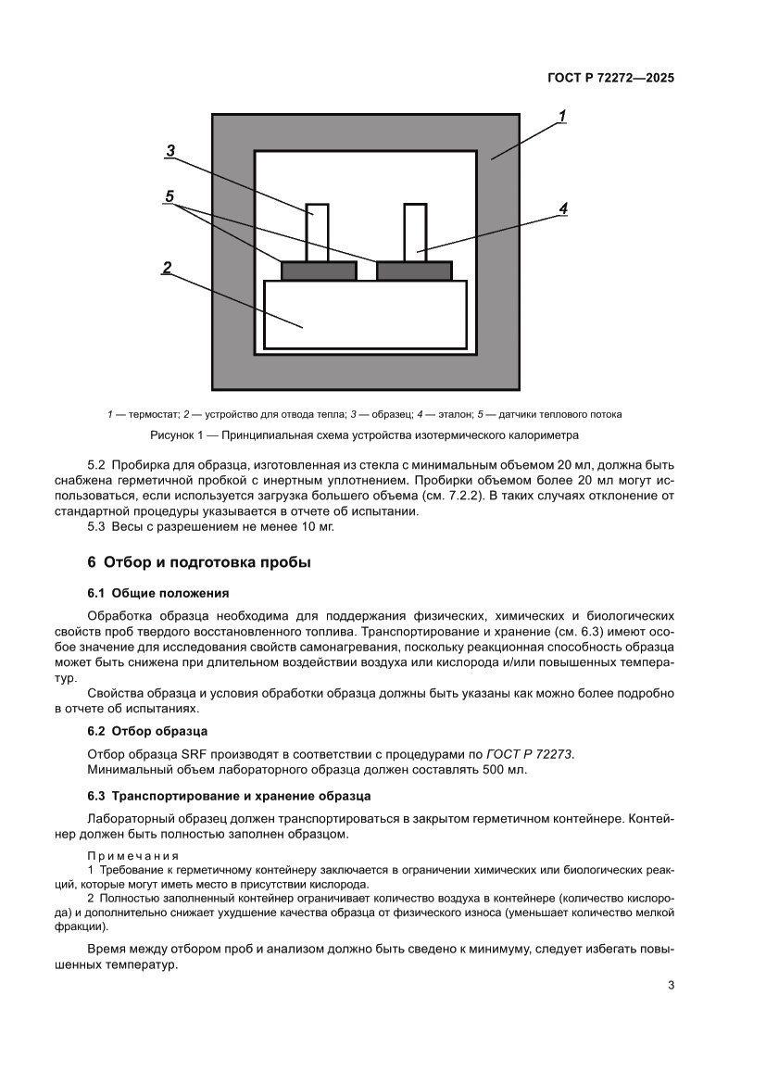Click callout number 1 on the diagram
(x=561, y=117)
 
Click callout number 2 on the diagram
(x=167, y=268)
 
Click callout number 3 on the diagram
(x=171, y=151)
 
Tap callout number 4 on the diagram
(x=562, y=209)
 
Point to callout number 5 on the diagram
(x=170, y=196)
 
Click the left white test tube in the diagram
(x=317, y=232)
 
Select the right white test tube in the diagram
(x=415, y=232)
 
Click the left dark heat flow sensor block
(x=318, y=271)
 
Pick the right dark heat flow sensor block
(x=414, y=271)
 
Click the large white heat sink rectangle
(x=365, y=315)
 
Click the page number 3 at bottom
(x=671, y=985)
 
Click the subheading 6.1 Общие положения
(x=157, y=593)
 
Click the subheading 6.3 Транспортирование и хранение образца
(x=229, y=796)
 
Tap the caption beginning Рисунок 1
(x=364, y=435)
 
